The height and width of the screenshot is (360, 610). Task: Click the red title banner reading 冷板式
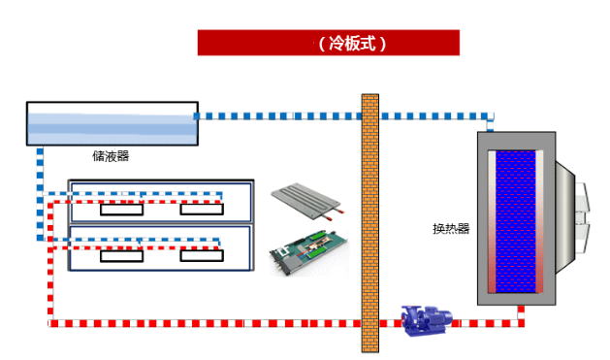click(x=329, y=43)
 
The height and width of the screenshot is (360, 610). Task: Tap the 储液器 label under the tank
click(x=111, y=156)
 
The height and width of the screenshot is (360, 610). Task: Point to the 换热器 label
click(x=451, y=228)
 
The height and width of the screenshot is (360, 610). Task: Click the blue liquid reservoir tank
click(x=112, y=124)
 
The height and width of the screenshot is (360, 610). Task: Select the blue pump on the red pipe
click(x=427, y=320)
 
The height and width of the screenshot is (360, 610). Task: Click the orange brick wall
click(x=369, y=223)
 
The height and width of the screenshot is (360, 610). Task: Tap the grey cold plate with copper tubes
click(x=307, y=201)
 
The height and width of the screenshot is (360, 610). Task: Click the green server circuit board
click(x=309, y=252)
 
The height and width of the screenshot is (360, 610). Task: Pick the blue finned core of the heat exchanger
click(x=516, y=221)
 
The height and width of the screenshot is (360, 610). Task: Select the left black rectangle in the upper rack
click(x=122, y=210)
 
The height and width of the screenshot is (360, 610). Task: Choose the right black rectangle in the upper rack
click(x=202, y=210)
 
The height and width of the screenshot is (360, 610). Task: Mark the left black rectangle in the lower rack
click(x=122, y=256)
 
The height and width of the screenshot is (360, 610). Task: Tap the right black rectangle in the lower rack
click(x=202, y=256)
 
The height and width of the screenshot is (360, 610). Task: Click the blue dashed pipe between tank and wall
click(x=277, y=116)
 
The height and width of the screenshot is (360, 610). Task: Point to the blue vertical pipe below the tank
click(x=40, y=193)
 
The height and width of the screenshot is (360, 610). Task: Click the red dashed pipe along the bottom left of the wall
click(x=205, y=323)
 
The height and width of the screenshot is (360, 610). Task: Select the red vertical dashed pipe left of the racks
click(x=50, y=260)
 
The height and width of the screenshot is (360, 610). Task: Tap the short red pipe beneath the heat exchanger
click(x=521, y=312)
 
